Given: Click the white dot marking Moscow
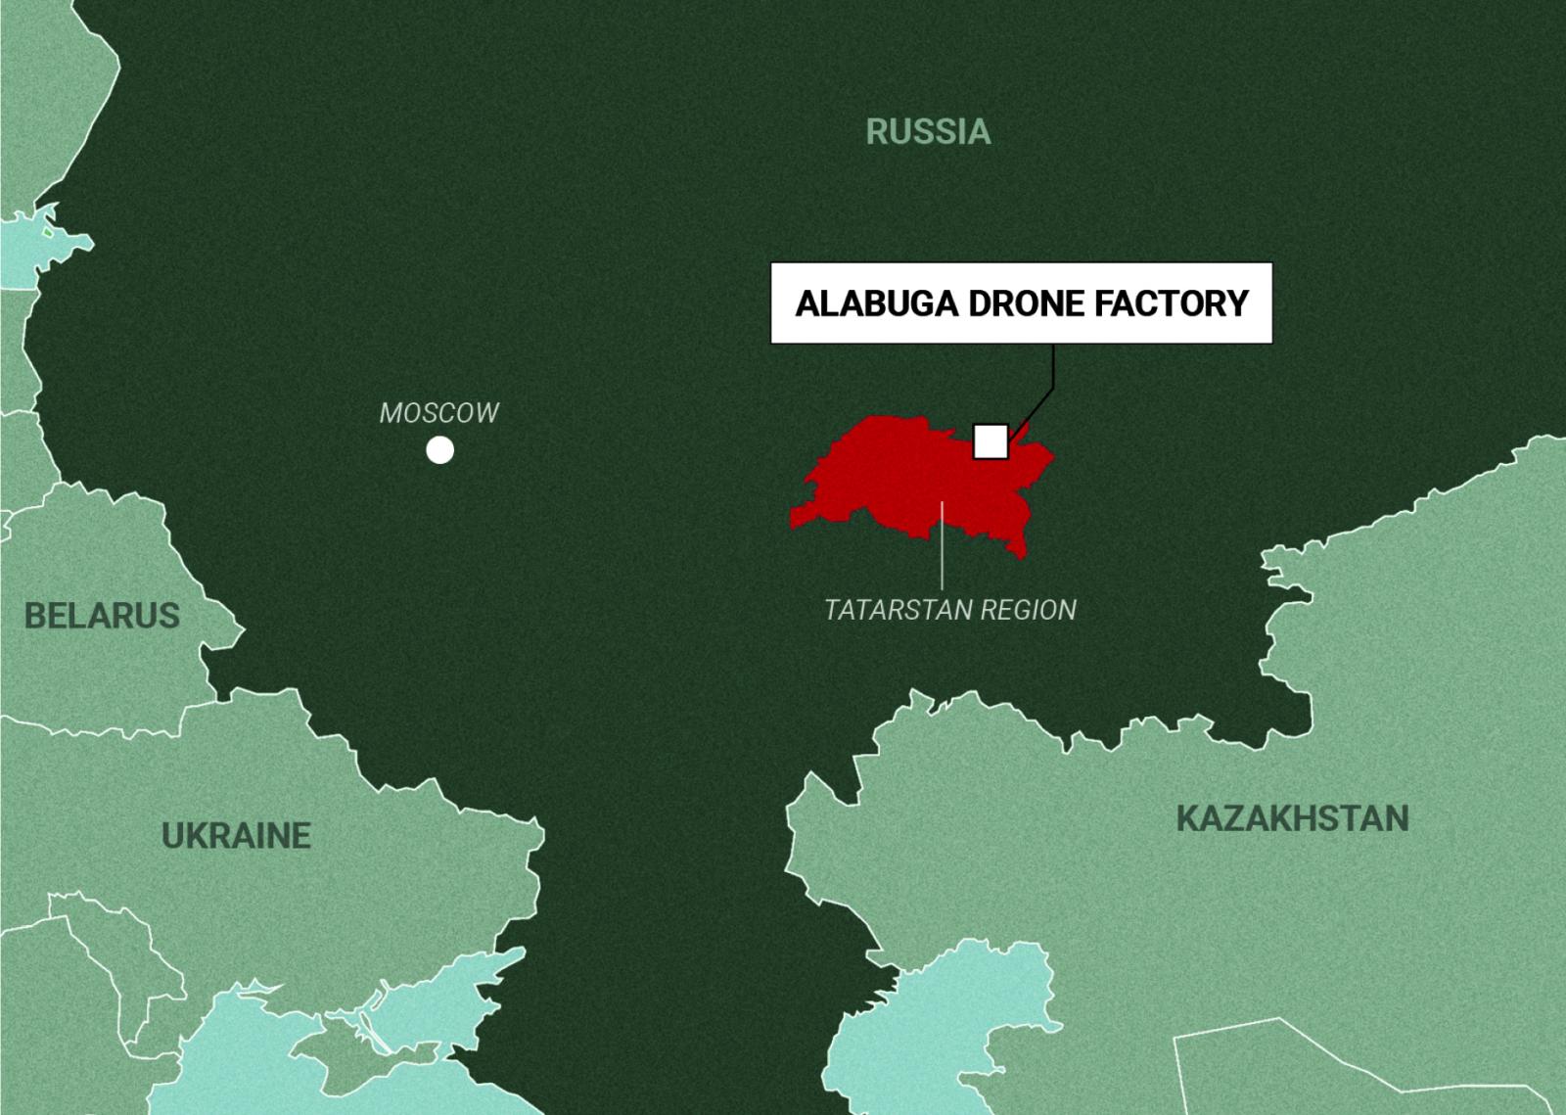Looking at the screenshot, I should tap(440, 450).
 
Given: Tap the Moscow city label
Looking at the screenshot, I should tap(439, 413).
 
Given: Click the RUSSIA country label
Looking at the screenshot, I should tap(928, 131).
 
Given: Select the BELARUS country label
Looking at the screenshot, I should tap(102, 616).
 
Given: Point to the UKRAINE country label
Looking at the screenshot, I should tap(236, 835).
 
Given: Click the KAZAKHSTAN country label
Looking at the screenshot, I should tap(1292, 818).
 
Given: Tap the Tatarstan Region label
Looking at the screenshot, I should tap(950, 610).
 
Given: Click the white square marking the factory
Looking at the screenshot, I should tap(990, 441).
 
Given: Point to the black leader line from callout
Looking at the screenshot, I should tap(1052, 372).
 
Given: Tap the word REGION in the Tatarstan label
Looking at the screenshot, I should tap(1028, 610).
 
